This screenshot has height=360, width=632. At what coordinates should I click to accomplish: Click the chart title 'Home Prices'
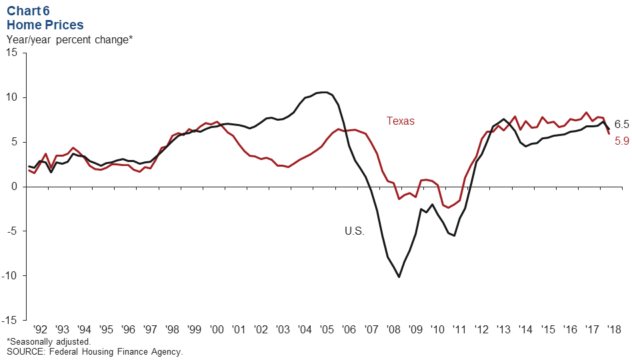tap(45, 25)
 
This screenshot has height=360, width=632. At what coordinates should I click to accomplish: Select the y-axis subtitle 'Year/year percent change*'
tap(69, 40)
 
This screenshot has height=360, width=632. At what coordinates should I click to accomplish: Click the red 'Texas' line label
tap(400, 121)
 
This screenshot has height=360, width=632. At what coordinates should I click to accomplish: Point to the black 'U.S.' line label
tap(354, 231)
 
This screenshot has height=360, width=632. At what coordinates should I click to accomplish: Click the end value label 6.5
tap(621, 124)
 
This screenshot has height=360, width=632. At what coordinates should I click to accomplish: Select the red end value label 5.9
tap(621, 141)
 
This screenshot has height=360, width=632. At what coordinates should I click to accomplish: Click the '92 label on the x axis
tap(40, 329)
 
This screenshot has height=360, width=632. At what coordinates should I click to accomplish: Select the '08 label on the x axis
tap(393, 329)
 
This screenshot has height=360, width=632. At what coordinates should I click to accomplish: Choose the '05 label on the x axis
tap(327, 329)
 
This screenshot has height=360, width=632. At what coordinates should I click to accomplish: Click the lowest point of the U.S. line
tap(399, 277)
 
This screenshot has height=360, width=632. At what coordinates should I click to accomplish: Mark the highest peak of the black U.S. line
tap(324, 92)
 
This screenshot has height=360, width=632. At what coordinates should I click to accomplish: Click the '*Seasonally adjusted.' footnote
tap(48, 341)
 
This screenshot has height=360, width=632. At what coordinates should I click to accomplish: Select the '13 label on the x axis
tap(503, 329)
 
